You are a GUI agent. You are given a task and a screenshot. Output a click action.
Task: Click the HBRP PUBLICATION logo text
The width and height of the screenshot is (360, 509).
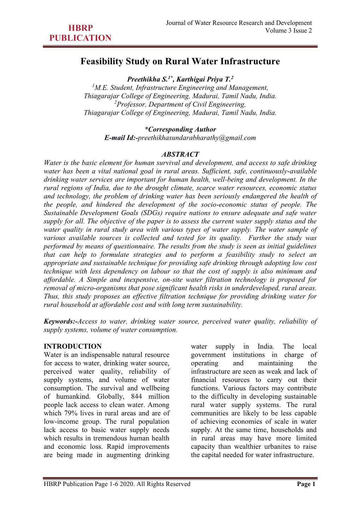click(x=80, y=33)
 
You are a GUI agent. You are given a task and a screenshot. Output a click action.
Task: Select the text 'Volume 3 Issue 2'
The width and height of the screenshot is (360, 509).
click(x=288, y=31)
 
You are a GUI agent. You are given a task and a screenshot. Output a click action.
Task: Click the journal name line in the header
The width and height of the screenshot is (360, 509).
click(x=239, y=23)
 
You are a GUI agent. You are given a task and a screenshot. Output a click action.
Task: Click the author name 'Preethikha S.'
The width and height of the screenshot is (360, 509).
click(x=148, y=79)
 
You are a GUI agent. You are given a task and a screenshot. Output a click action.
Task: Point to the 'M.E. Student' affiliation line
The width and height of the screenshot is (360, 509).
click(x=180, y=88)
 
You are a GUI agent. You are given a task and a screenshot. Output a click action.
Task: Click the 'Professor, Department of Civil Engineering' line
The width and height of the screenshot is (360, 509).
click(x=180, y=105)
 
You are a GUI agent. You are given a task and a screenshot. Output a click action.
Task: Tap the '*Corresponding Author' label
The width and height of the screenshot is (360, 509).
click(x=180, y=130)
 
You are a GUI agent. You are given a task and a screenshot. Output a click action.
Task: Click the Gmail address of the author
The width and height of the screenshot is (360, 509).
click(x=197, y=138)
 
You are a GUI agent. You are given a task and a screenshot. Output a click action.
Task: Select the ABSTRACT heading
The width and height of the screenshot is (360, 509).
click(x=180, y=154)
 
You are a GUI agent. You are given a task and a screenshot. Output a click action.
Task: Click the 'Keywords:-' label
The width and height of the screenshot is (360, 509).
click(x=60, y=321)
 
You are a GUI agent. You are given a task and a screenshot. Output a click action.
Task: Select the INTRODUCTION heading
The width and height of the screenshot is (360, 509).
click(x=73, y=347)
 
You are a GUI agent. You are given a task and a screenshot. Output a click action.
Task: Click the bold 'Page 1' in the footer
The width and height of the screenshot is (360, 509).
click(x=306, y=484)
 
